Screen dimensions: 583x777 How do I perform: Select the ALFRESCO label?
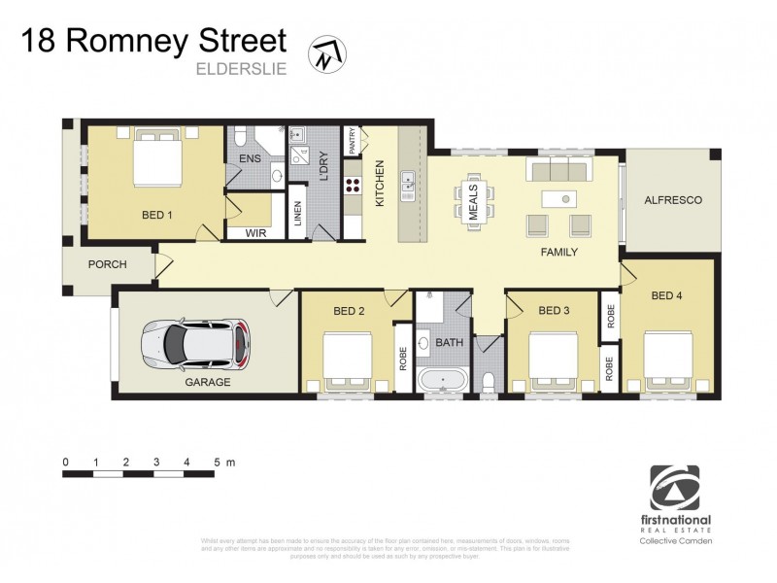pyautogui.click(x=673, y=200)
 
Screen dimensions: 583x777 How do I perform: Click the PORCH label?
pyautogui.click(x=107, y=264)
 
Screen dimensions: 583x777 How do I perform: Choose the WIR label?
pyautogui.click(x=256, y=233)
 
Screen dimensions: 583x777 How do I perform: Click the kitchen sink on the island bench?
pyautogui.click(x=409, y=181)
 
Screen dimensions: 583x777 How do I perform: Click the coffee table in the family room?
pyautogui.click(x=560, y=199)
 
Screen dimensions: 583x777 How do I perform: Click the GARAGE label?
pyautogui.click(x=208, y=382)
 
